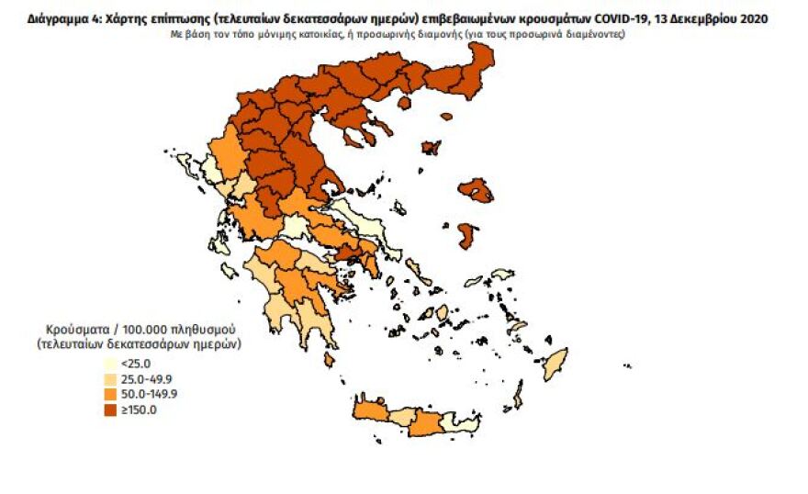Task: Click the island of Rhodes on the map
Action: (x=555, y=364)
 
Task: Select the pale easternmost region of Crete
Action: (x=459, y=422)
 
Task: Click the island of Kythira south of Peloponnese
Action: (x=329, y=361)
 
